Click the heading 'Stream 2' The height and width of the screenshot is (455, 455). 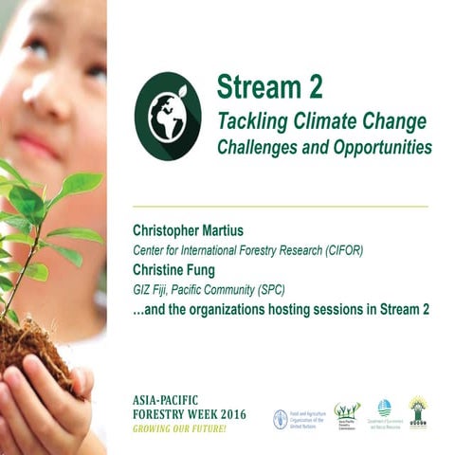point(269,87)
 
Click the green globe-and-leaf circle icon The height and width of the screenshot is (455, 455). point(168,116)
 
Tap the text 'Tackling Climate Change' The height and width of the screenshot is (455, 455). point(321,121)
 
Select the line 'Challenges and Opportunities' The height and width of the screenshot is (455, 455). point(324,148)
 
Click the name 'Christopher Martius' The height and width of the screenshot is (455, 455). point(196,231)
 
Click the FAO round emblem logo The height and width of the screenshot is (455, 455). point(280,418)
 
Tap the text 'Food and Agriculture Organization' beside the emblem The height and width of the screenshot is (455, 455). point(309,418)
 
